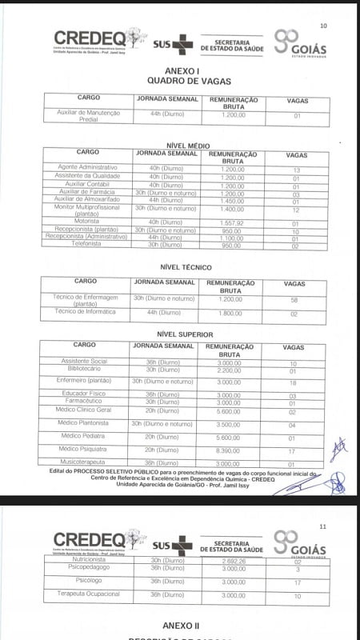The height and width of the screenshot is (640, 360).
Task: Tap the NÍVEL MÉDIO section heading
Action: click(x=187, y=145)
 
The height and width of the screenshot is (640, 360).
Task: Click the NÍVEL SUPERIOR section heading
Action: click(x=185, y=334)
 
